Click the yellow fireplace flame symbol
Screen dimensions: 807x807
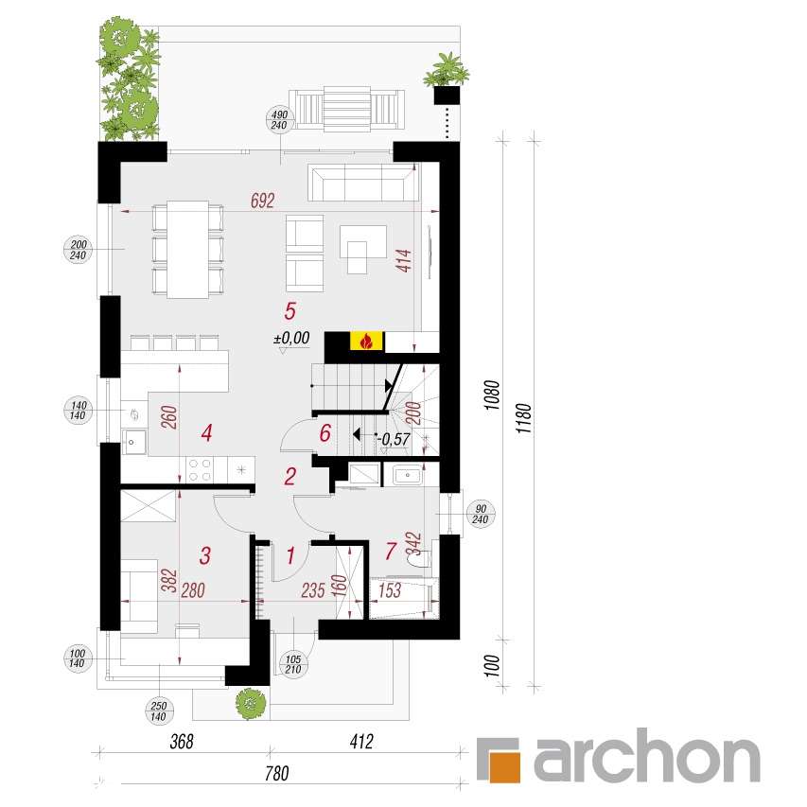tap(364, 342)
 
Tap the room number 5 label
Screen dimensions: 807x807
tap(290, 309)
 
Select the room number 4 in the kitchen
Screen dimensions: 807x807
tap(206, 433)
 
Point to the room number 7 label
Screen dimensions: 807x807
tap(392, 550)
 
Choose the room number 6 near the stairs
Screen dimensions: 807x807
tap(325, 434)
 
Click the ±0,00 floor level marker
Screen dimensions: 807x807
tap(291, 337)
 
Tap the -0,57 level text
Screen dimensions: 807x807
tap(395, 438)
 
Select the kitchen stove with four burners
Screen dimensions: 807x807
tap(201, 467)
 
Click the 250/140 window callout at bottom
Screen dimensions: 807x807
tap(159, 710)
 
